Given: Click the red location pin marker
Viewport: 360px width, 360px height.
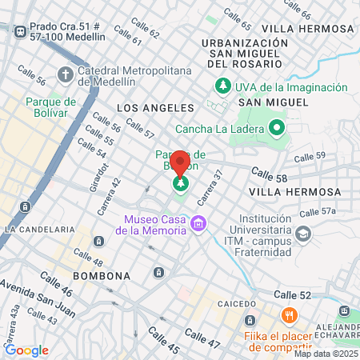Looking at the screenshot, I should (x=180, y=162).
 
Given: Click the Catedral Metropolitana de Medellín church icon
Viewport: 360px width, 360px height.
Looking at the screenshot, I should (x=65, y=74).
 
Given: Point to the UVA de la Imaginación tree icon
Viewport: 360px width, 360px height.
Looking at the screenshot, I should (x=222, y=86).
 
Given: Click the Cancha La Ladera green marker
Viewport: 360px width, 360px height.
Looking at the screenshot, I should (x=277, y=126).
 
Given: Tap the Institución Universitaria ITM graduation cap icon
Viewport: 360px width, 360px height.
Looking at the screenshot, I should (x=303, y=233).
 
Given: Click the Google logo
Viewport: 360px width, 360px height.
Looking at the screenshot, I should (x=26, y=350).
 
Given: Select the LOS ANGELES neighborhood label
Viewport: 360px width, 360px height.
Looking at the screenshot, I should (x=155, y=107).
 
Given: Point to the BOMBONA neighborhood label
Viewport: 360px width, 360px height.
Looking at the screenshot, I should (x=101, y=276).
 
